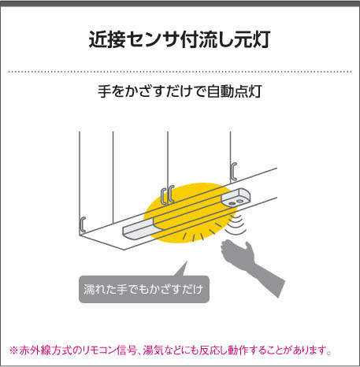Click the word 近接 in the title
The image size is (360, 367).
[x=106, y=39]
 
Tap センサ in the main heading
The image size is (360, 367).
[x=152, y=39]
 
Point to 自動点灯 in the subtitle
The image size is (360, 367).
[x=235, y=91]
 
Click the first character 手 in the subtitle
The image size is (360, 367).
[x=104, y=91]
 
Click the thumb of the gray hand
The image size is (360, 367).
[x=248, y=247]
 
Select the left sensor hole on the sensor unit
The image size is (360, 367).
[x=232, y=203]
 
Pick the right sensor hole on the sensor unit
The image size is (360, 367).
[x=239, y=201]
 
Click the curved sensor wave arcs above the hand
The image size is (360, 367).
[x=236, y=224]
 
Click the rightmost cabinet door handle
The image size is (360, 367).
[x=234, y=171]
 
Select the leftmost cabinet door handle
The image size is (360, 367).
[x=83, y=224]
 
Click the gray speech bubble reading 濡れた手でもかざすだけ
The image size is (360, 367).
[x=144, y=289]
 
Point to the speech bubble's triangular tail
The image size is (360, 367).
[x=182, y=269]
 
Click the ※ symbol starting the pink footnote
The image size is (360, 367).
[x=13, y=350]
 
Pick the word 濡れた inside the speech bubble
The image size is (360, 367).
[x=99, y=289]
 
